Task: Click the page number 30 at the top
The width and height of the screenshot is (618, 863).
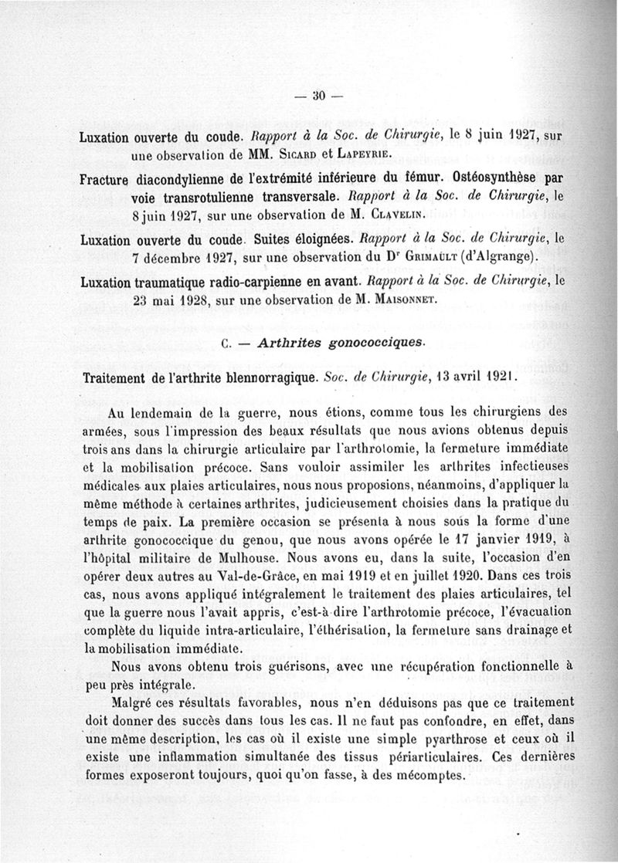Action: pos(317,96)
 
